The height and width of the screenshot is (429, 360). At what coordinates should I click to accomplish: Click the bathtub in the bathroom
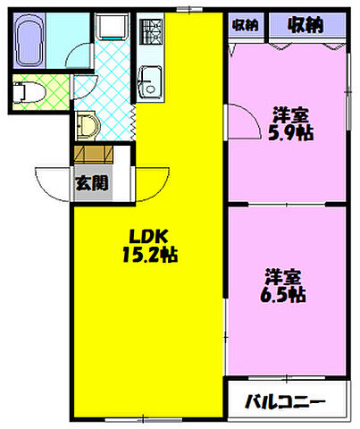29,38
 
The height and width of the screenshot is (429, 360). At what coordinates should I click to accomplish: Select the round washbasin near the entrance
86,124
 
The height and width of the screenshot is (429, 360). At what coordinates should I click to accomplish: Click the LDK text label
147,237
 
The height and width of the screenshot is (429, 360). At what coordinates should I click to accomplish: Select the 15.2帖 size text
147,256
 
